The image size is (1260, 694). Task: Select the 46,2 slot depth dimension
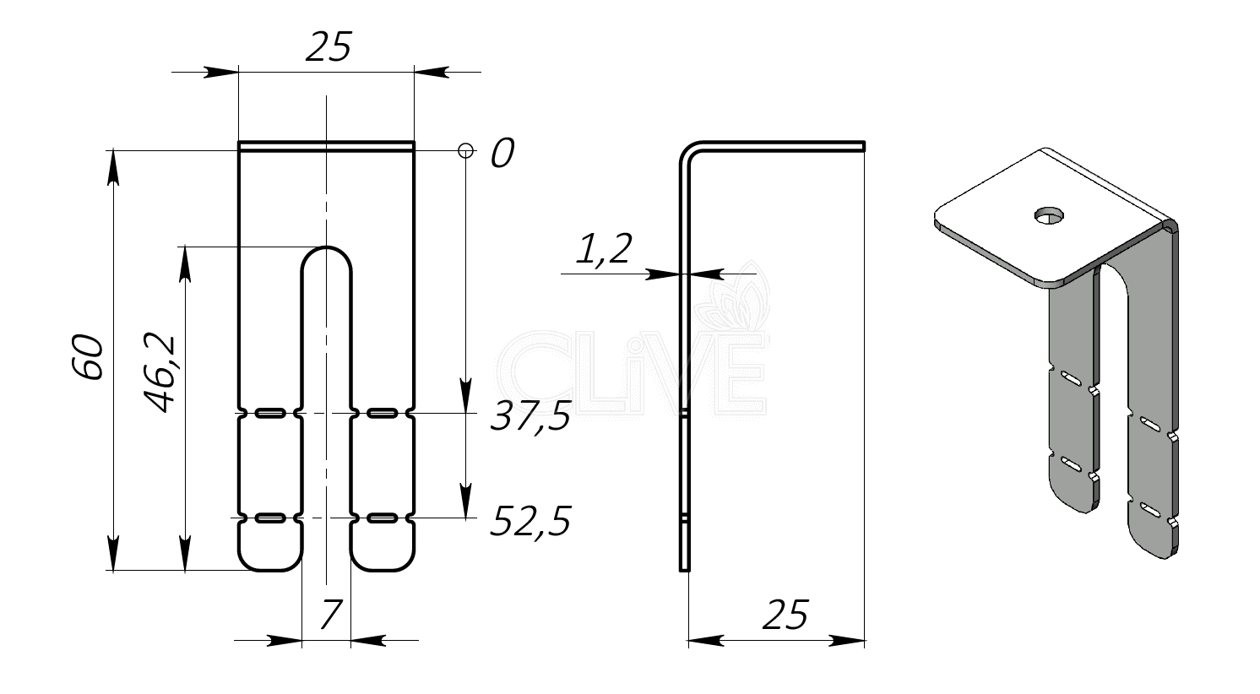pyautogui.click(x=160, y=373)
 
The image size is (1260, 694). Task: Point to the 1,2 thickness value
pyautogui.click(x=604, y=248)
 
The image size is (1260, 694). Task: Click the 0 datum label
pyautogui.click(x=502, y=153)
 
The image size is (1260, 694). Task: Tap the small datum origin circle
pyautogui.click(x=465, y=151)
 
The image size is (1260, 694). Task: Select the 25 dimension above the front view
pyautogui.click(x=329, y=46)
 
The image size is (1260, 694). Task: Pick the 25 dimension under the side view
pyautogui.click(x=785, y=615)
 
